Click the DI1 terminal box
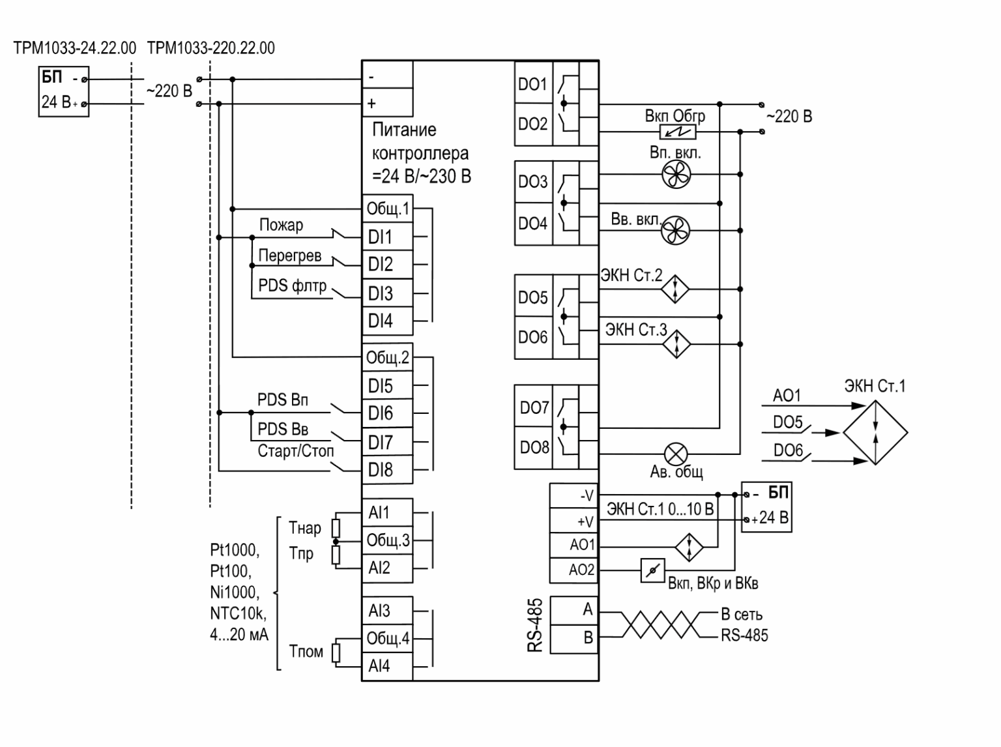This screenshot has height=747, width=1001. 387,237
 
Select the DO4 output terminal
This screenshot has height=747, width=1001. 534,224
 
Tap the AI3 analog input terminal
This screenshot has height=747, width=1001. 387,611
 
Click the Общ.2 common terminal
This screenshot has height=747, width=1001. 387,358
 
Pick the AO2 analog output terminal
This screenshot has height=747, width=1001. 573,570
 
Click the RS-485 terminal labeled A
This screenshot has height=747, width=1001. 574,610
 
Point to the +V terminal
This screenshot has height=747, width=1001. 573,521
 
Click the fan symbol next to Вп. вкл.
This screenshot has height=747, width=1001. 676,174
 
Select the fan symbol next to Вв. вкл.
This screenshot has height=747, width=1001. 675,230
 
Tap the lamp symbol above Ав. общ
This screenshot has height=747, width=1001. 676,454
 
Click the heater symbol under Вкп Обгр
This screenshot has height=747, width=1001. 678,132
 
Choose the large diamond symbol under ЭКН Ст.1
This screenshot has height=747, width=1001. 875,432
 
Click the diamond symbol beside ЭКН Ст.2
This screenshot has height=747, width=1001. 675,289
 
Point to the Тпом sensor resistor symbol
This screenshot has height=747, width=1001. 336,652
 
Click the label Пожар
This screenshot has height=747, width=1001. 281,225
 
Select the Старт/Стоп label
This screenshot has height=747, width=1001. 295,451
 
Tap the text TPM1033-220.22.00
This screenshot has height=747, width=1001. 210,48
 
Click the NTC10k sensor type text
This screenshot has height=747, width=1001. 238,614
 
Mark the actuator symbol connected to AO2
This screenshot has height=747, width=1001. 652,570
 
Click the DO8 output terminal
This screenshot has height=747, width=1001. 534,448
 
